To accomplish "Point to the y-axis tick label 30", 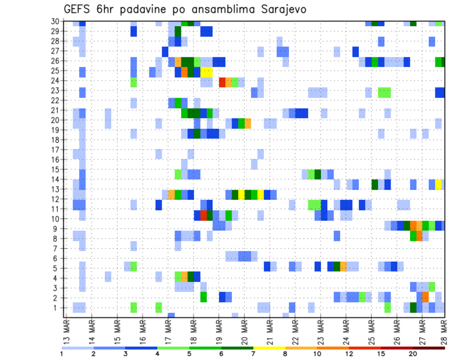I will click(x=55, y=21).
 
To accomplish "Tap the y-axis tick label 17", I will click(x=55, y=150).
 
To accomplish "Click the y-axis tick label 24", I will click(x=55, y=81).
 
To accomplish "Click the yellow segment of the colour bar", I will click(x=269, y=347).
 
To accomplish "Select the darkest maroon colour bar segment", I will click(x=429, y=347).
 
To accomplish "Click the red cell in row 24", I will click(x=222, y=82).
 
